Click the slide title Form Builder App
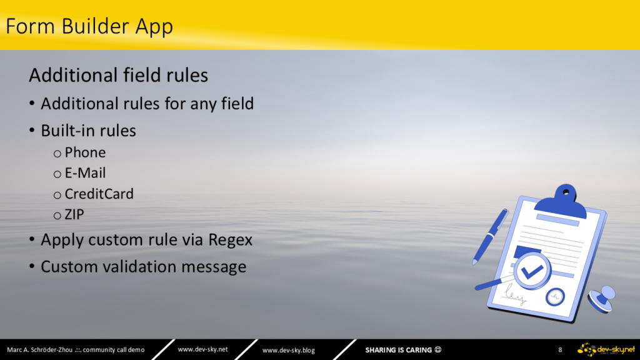pos(89,26)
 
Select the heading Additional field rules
pos(118,75)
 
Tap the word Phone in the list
pos(85,152)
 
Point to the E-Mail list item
pos(85,173)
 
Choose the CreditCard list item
pos(99,194)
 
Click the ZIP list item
pos(74,215)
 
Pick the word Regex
pos(230,240)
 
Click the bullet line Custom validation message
pos(143,266)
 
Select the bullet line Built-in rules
pos(88,131)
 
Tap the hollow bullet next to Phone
pos(57,154)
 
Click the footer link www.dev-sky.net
pos(203,349)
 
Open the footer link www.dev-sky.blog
pos(289,350)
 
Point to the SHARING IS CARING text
pos(398,350)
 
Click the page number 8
pos(560,350)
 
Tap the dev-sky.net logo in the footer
pos(606,350)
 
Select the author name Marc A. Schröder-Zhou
pos(39,350)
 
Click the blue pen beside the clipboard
pos(490,237)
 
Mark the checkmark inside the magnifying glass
pos(532,271)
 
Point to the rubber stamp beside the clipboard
pos(602,299)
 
